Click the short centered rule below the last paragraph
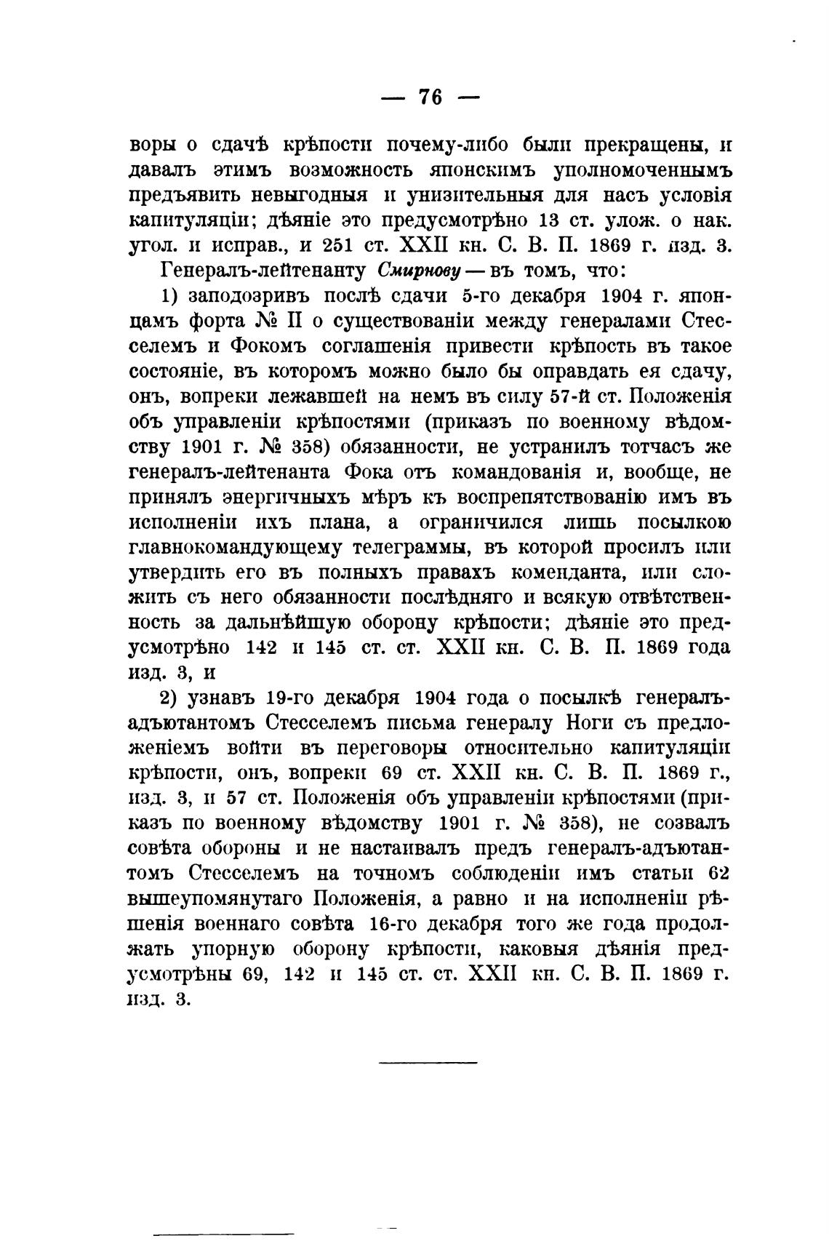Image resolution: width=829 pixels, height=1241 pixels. [428, 1063]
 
